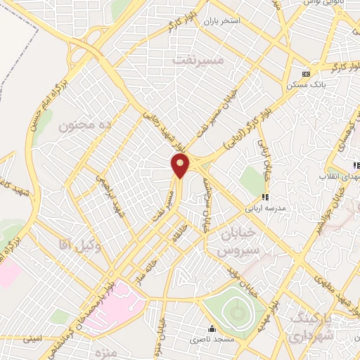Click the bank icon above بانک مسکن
(x=305, y=74)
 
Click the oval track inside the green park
(x=236, y=309)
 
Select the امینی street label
(x=32, y=338)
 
